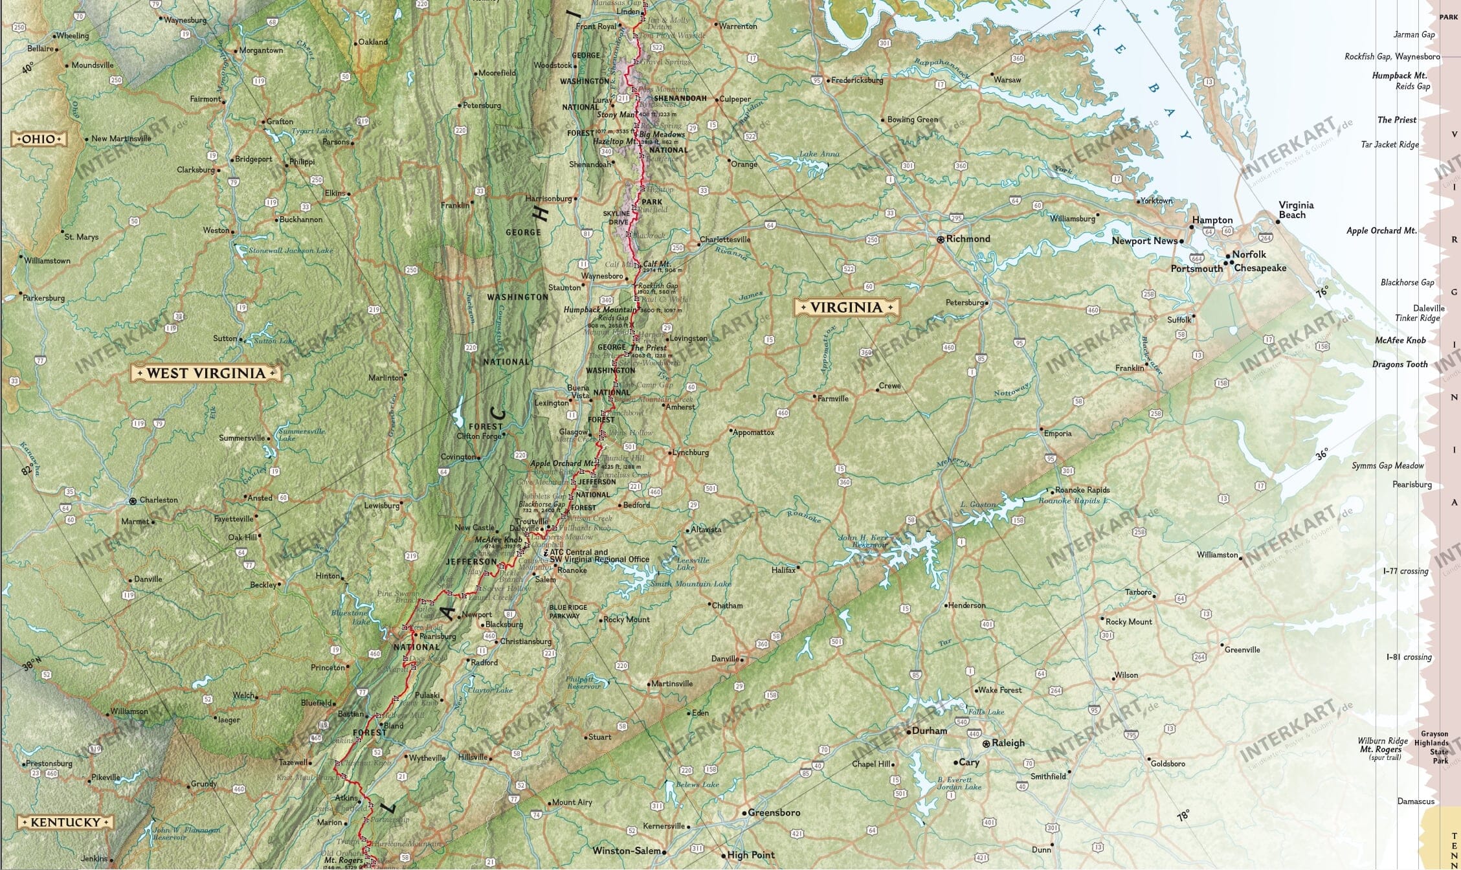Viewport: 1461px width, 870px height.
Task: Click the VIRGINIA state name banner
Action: pos(846,307)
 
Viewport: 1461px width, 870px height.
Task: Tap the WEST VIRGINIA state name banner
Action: pos(206,373)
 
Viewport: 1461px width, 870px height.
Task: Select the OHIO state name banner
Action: pos(39,139)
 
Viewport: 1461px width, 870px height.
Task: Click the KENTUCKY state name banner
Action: pos(65,822)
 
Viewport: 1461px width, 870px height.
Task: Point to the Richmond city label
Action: pos(968,239)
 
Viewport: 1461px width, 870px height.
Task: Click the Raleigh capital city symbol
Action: pos(987,744)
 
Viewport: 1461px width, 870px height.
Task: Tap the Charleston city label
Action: pos(159,500)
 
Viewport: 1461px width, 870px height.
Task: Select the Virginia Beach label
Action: pos(1295,210)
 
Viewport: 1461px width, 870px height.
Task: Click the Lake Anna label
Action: pos(819,154)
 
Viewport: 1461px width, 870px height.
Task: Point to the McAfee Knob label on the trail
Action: pos(498,539)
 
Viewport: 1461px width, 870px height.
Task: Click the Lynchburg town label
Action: pos(691,452)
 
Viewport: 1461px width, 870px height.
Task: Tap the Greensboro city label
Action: pos(774,812)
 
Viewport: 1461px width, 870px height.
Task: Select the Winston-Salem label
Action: pos(627,851)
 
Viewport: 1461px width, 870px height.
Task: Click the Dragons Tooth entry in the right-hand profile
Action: pos(1400,364)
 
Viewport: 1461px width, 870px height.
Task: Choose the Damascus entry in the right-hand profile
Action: pos(1416,801)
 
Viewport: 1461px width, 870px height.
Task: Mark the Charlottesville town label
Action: pos(725,240)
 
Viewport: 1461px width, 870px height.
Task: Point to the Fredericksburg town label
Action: pos(856,80)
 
